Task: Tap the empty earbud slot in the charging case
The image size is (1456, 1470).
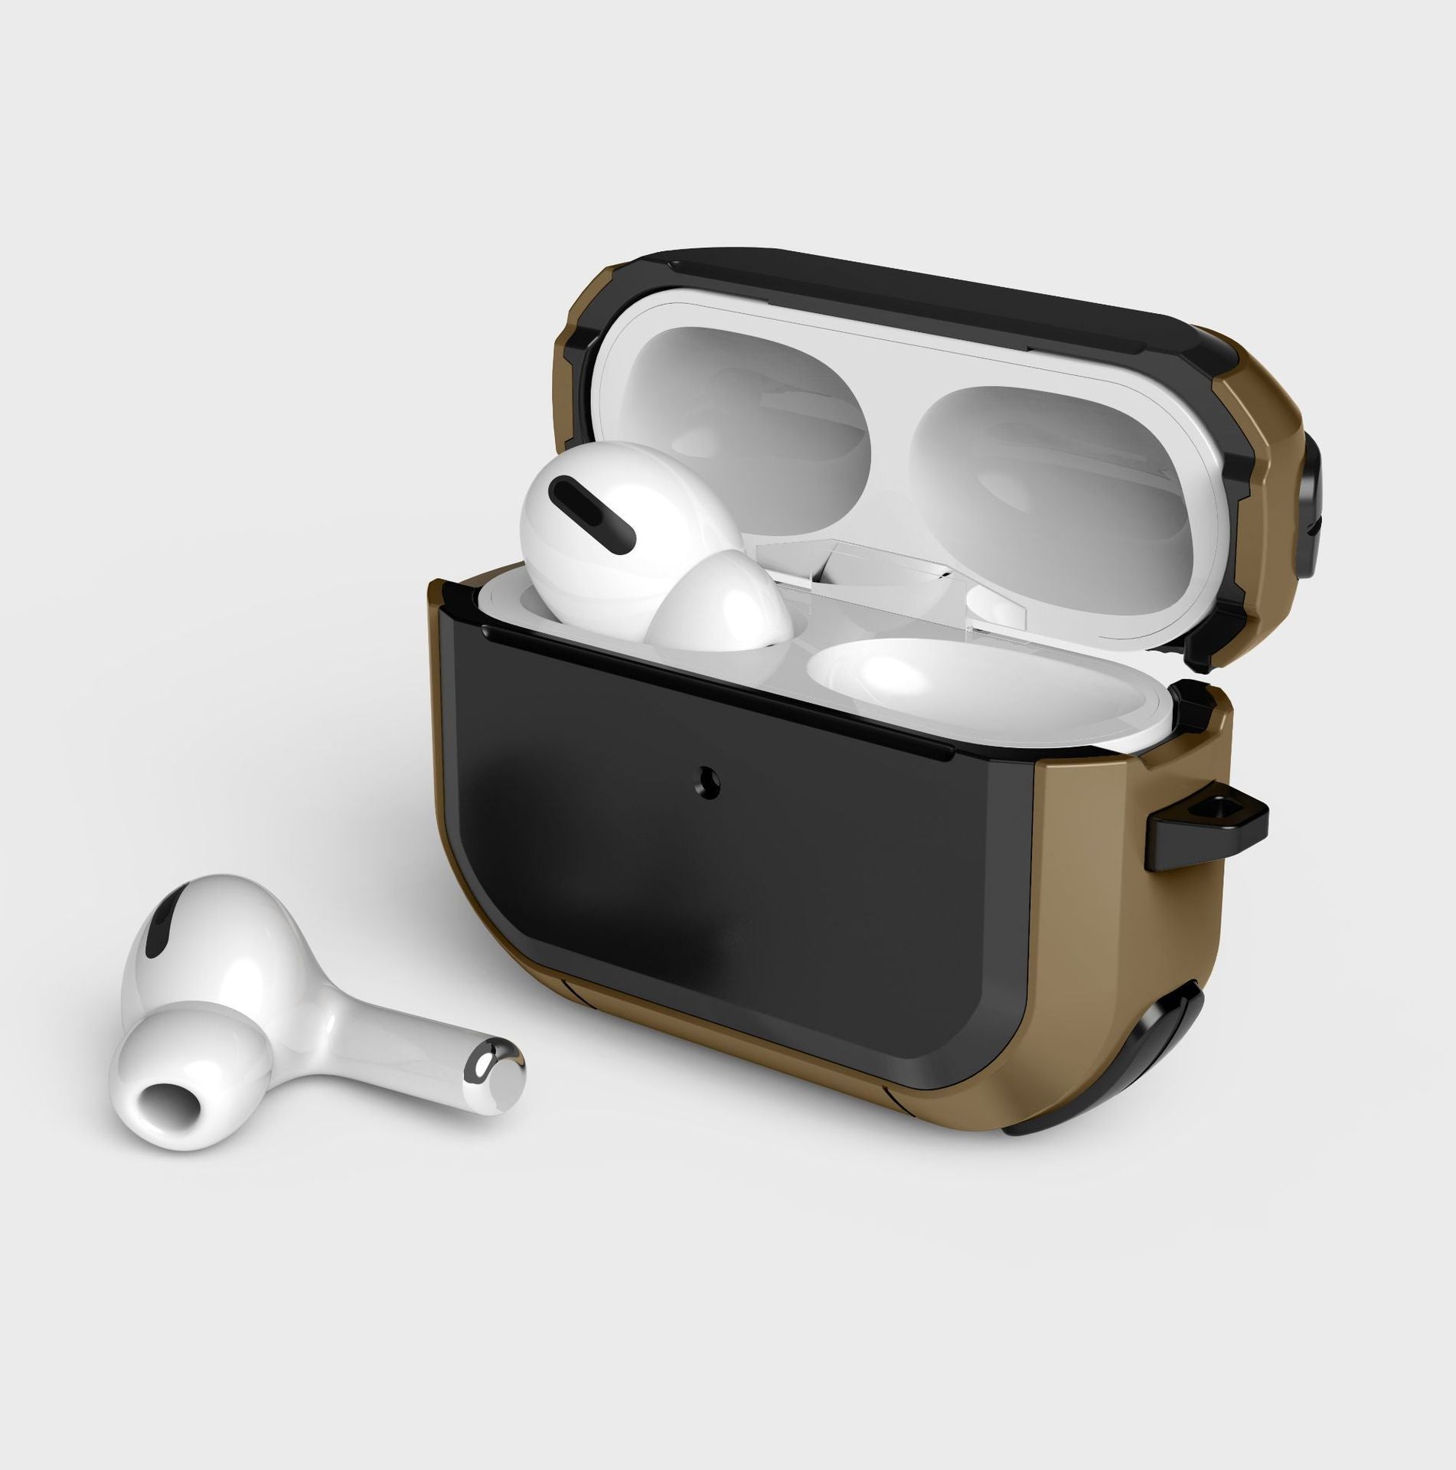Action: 896,674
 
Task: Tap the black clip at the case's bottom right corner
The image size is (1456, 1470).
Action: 1164,1049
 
